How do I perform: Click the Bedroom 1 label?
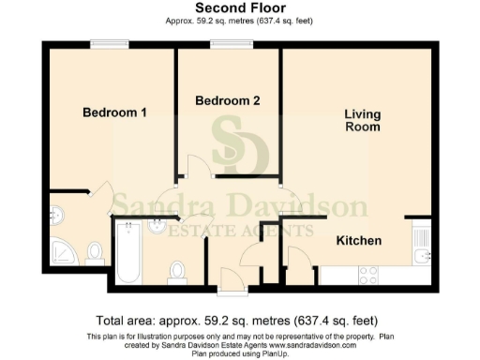pos(114,112)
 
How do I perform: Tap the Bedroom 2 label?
pos(228,100)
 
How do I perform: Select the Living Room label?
pos(362,121)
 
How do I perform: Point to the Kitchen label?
pos(359,241)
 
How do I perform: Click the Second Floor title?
pos(239,7)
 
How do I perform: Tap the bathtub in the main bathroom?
pos(127,253)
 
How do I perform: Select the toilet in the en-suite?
pos(95,252)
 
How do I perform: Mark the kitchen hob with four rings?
pos(368,275)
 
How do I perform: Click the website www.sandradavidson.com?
pos(318,346)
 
